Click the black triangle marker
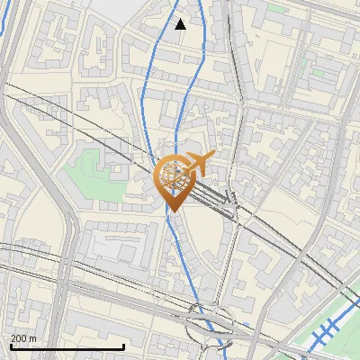(x=180, y=24)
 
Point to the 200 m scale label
(x=24, y=338)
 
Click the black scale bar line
(x=67, y=346)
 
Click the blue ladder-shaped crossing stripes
(x=324, y=333)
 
